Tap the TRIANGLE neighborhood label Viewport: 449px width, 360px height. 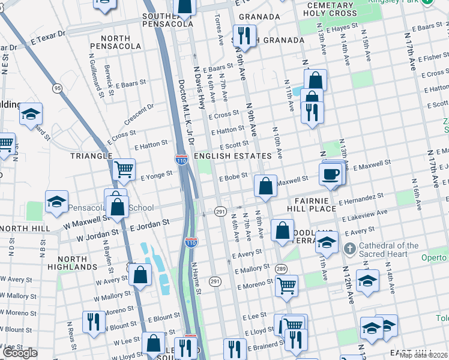91,156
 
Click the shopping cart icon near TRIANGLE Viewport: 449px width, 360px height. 123,169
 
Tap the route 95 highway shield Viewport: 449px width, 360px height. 58,88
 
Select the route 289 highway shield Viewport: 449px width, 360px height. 280,268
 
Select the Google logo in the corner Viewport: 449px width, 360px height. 20,353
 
